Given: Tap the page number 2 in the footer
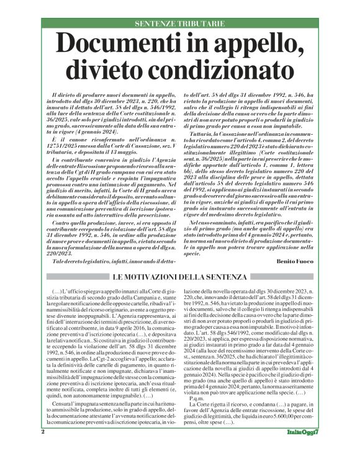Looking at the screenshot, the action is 43,449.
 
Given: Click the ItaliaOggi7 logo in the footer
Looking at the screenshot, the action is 303,449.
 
